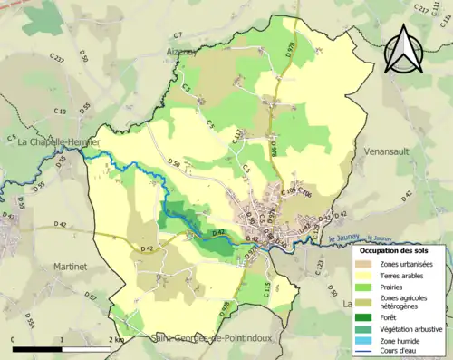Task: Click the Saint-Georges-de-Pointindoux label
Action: point(196,338)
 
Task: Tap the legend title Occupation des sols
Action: point(396,248)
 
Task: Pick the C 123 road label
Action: point(320,266)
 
